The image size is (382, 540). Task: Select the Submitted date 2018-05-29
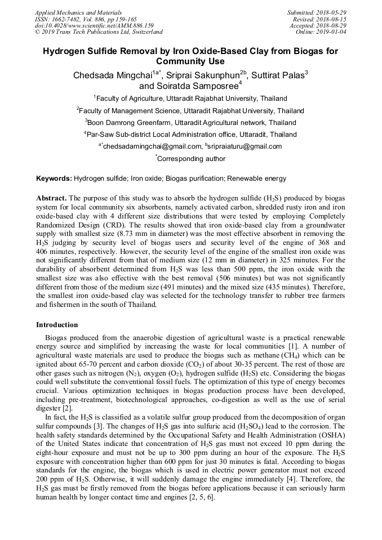[331, 12]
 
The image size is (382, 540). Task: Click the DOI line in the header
[94, 25]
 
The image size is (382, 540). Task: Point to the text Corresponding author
[191, 159]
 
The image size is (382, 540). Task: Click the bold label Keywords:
[54, 178]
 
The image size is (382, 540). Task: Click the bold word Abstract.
[51, 199]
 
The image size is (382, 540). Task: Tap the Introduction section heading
[57, 325]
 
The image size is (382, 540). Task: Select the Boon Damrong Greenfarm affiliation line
[190, 122]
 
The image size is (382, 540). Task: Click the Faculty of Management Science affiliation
[190, 110]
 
